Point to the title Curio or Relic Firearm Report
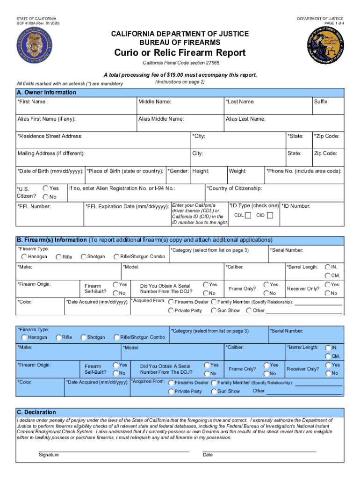[x=180, y=52]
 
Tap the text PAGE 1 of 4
[x=330, y=23]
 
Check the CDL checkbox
[x=248, y=215]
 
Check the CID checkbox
[x=270, y=215]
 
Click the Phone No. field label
[x=304, y=171]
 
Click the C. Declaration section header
[x=36, y=412]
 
